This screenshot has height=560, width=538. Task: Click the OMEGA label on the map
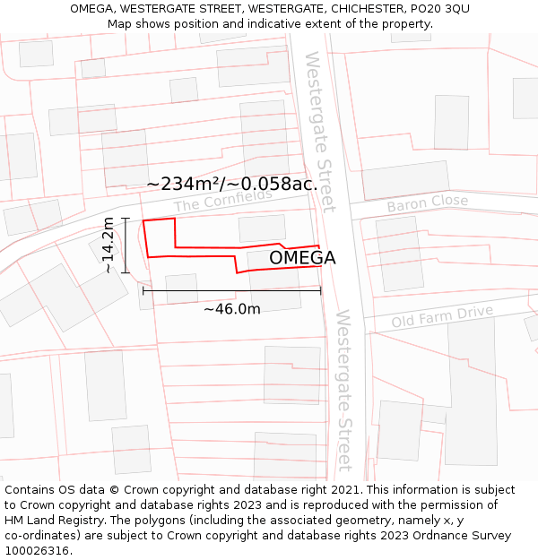coord(302,258)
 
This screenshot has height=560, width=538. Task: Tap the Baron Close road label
coord(427,203)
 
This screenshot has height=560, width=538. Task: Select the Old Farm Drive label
coord(442,316)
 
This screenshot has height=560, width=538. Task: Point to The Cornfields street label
coord(222,200)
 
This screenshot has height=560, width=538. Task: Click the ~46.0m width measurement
coord(231,309)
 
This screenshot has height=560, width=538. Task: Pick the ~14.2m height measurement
coord(108,245)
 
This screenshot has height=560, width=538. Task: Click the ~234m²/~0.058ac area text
coord(230,184)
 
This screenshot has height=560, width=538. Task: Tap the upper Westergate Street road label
coord(319,131)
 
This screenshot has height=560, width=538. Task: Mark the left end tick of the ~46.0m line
coord(143,290)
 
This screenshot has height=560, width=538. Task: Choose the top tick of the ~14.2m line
coord(126,219)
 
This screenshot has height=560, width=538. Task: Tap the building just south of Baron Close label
coord(400,254)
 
